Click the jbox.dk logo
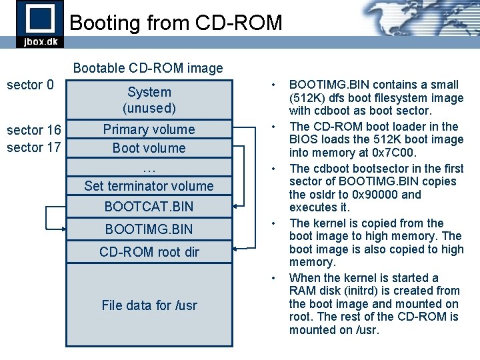pos(41,24)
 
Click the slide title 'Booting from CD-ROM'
pos(176,23)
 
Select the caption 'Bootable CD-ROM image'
pos(148,68)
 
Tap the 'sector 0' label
pos(30,85)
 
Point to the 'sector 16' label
pos(34,130)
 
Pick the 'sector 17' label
pos(34,147)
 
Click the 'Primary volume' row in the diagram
pos(149,129)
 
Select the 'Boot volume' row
pos(149,148)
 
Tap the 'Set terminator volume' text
pos(149,186)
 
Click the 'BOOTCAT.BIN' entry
pos(149,207)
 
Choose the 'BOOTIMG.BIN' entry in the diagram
pos(149,229)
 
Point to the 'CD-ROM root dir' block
pos(149,252)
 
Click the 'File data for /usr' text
pos(149,305)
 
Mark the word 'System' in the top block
pos(149,92)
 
